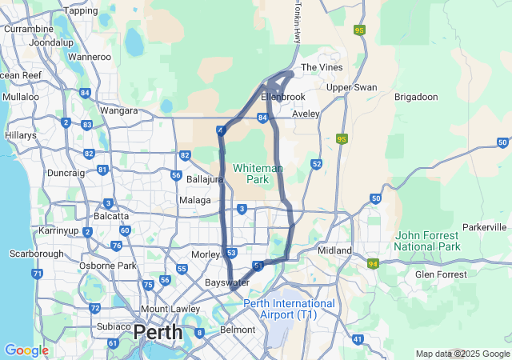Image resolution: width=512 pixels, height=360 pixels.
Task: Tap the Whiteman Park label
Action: tap(257, 174)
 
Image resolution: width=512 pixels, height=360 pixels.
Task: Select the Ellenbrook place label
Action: tap(283, 97)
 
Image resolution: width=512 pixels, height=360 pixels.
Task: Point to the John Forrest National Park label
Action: tap(427, 241)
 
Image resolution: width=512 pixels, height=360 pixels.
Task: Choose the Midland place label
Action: tap(335, 250)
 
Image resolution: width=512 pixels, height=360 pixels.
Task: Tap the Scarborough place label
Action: tap(36, 254)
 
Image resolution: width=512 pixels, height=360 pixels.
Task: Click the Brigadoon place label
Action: tap(416, 97)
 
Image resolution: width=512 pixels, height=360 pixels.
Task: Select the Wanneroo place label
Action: tap(90, 57)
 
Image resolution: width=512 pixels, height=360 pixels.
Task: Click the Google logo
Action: tap(26, 350)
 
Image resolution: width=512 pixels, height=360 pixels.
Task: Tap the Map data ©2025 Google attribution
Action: tap(462, 354)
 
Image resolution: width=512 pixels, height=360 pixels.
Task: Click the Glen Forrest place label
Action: tap(440, 274)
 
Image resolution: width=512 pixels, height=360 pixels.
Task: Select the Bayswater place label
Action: tap(227, 283)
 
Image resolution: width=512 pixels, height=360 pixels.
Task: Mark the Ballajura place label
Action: tap(204, 179)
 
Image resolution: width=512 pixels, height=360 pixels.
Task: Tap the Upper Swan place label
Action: tap(351, 86)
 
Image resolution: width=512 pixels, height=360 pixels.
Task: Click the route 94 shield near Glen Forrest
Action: tap(373, 263)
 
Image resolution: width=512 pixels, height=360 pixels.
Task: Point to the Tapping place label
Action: tap(81, 10)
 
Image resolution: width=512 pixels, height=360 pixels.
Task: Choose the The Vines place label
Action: tap(321, 68)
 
